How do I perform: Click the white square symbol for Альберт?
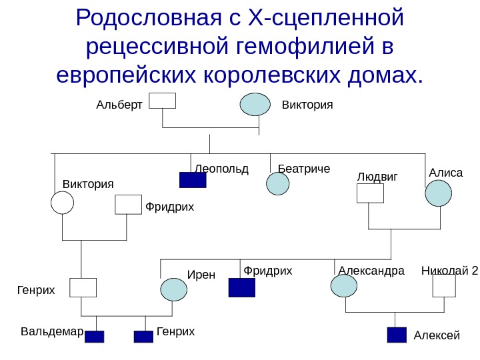[x=162, y=100]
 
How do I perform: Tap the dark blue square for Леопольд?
[x=193, y=180]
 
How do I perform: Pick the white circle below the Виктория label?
[x=62, y=203]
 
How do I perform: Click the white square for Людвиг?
[x=370, y=193]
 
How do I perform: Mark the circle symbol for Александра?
[x=344, y=285]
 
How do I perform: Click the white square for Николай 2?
[x=443, y=286]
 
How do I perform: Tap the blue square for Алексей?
[x=397, y=335]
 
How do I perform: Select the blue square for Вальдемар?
[x=95, y=337]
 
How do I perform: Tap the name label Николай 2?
[x=450, y=271]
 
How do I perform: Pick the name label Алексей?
[x=437, y=335]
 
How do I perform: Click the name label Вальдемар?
[x=51, y=331]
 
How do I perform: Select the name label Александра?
[x=371, y=271]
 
